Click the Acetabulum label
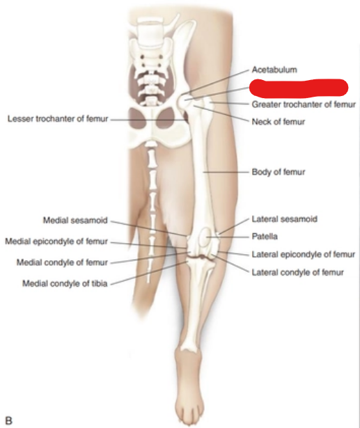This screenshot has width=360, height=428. pyautogui.click(x=274, y=70)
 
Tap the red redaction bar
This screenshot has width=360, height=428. pyautogui.click(x=299, y=88)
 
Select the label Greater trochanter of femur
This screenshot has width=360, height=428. pyautogui.click(x=304, y=104)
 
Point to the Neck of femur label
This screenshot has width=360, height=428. pyautogui.click(x=278, y=122)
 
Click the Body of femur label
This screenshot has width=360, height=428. pyautogui.click(x=279, y=172)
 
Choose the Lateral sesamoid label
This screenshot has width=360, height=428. pyautogui.click(x=284, y=219)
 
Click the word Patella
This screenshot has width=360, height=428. pyautogui.click(x=265, y=237)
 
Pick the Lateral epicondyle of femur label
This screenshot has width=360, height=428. pyautogui.click(x=303, y=255)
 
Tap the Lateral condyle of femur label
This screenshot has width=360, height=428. pyautogui.click(x=297, y=272)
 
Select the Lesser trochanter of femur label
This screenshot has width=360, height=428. pyautogui.click(x=58, y=119)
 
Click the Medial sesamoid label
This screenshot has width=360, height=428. pyautogui.click(x=75, y=221)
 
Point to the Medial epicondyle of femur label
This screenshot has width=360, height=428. pyautogui.click(x=56, y=241)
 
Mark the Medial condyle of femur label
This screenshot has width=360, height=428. pyautogui.click(x=62, y=262)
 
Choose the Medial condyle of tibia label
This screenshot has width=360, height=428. pyautogui.click(x=65, y=284)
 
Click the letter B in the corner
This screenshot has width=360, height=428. pyautogui.click(x=9, y=420)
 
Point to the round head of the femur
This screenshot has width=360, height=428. pyautogui.click(x=184, y=102)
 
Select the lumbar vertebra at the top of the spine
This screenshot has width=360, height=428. pyautogui.click(x=149, y=29)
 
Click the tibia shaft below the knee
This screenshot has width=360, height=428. pyautogui.click(x=194, y=303)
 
